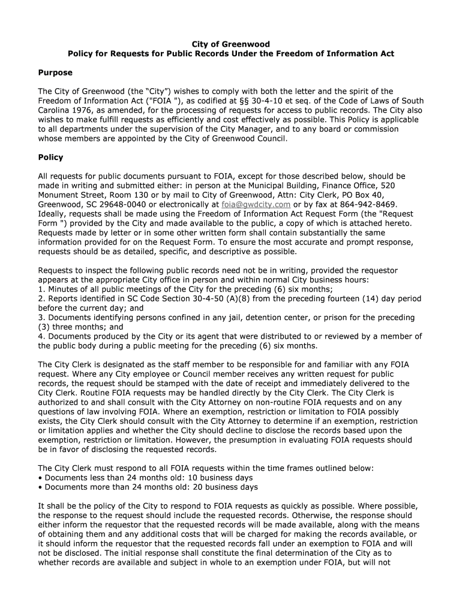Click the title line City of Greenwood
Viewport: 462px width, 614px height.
coord(231,44)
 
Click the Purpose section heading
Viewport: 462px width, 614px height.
coord(55,73)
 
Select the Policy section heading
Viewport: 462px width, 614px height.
coord(50,158)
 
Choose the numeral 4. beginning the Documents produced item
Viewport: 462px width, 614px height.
coord(41,336)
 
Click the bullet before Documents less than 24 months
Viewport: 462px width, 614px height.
coord(40,477)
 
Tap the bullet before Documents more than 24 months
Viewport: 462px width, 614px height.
coord(40,487)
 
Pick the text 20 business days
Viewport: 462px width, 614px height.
coord(223,487)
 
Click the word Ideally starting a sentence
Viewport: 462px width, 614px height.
coord(53,214)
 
